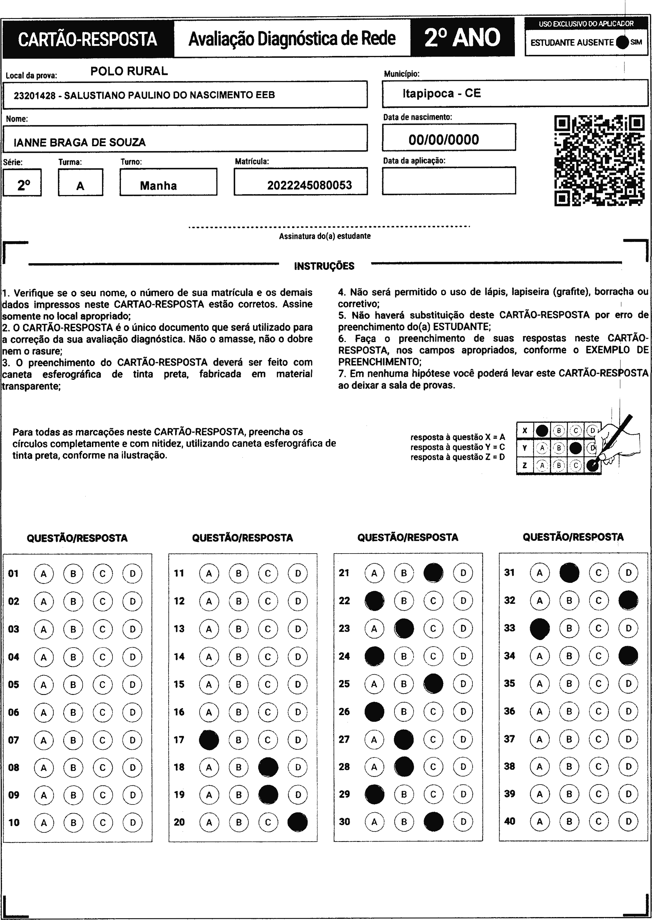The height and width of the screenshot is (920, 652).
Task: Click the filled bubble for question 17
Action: (x=209, y=740)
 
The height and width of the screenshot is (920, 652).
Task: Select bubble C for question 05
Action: (x=102, y=684)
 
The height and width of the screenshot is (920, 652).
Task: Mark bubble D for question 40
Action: (x=628, y=821)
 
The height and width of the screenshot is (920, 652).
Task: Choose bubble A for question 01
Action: (x=44, y=574)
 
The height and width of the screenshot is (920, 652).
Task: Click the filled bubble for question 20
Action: (x=298, y=822)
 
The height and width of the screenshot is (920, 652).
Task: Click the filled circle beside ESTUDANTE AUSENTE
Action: (x=622, y=42)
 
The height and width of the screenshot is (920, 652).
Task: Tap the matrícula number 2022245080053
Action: (x=309, y=185)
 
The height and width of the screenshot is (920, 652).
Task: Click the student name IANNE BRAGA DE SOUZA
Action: (x=79, y=142)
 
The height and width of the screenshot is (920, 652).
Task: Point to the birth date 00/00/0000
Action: (x=444, y=140)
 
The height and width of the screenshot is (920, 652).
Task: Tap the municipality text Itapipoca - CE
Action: (x=441, y=93)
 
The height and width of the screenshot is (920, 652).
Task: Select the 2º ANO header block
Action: (x=462, y=37)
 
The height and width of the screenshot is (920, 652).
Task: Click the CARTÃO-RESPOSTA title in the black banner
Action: (x=88, y=39)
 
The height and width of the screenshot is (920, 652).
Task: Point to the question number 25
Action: (x=344, y=684)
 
